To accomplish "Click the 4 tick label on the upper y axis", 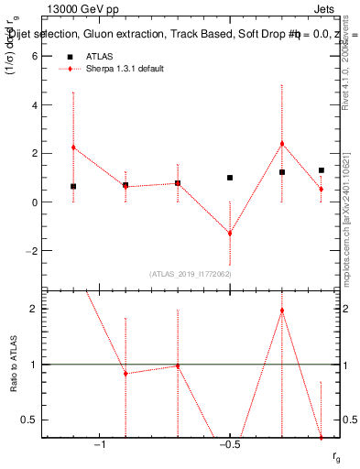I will pos(36,104).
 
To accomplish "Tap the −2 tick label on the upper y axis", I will pos(33,250).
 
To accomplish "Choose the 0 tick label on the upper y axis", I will pos(36,202).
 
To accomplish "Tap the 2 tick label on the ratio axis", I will pos(36,309).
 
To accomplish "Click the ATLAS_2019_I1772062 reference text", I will pos(191,274).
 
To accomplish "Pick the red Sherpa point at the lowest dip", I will pos(230,234).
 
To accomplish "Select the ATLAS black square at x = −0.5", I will pos(230,178).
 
